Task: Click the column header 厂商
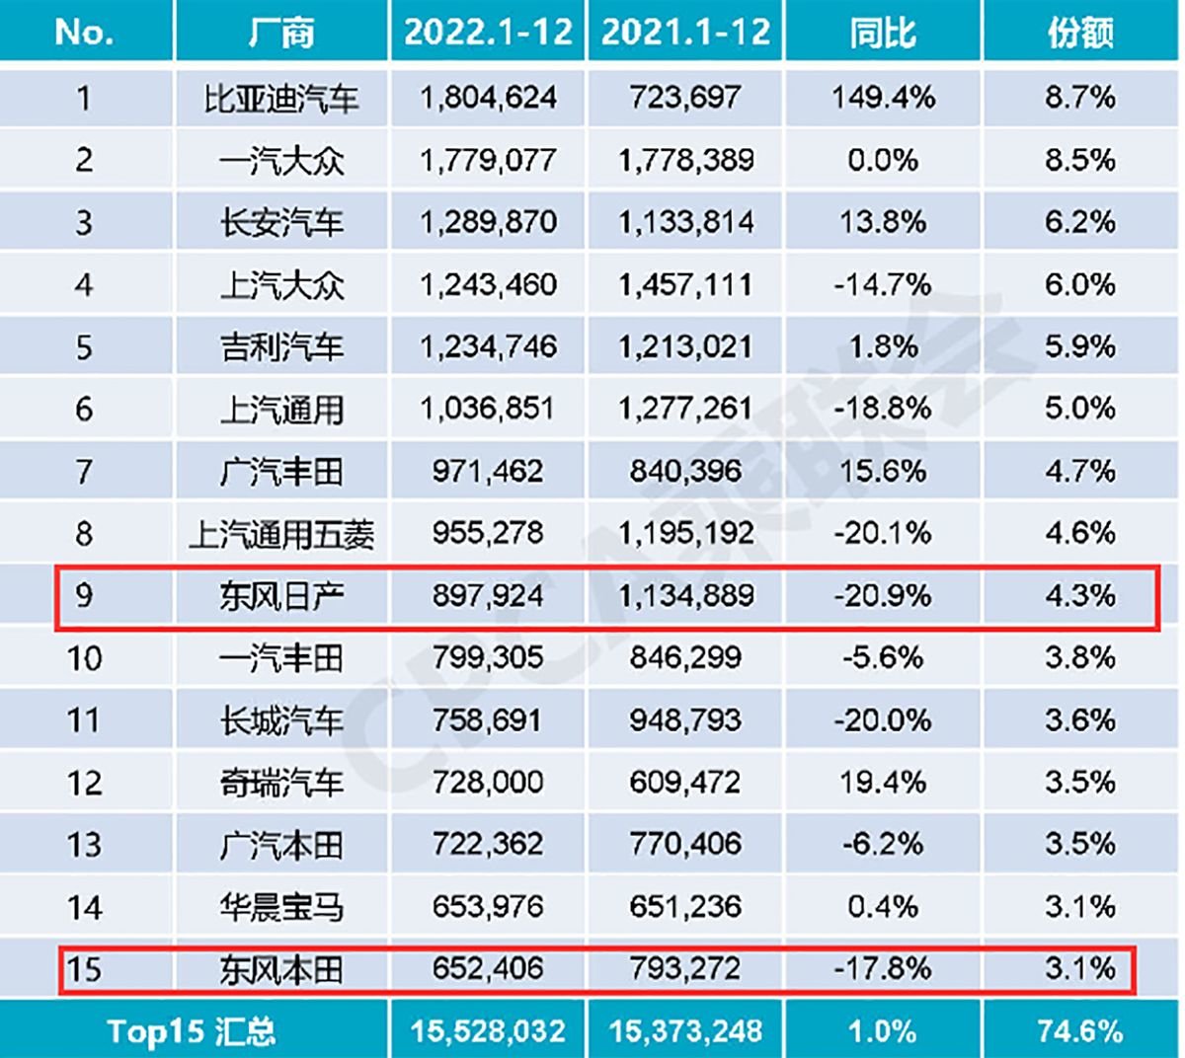[x=281, y=33]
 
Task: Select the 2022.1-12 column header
[x=488, y=33]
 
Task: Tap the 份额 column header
[x=1080, y=33]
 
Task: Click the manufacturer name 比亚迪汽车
[x=281, y=98]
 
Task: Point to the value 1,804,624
[x=488, y=98]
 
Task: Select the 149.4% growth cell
[x=883, y=98]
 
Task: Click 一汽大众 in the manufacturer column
[x=281, y=160]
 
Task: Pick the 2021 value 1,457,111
[x=685, y=285]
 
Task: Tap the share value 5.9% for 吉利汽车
[x=1080, y=347]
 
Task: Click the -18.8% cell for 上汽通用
[x=883, y=410]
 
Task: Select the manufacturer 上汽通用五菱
[x=281, y=534]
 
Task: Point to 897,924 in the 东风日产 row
[x=488, y=596]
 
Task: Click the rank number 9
[x=84, y=596]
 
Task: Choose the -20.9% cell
[x=883, y=596]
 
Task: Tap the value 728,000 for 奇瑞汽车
[x=488, y=783]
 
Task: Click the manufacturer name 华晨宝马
[x=281, y=907]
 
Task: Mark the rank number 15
[x=84, y=969]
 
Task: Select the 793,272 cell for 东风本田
[x=685, y=969]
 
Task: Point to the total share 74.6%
[x=1080, y=1032]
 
